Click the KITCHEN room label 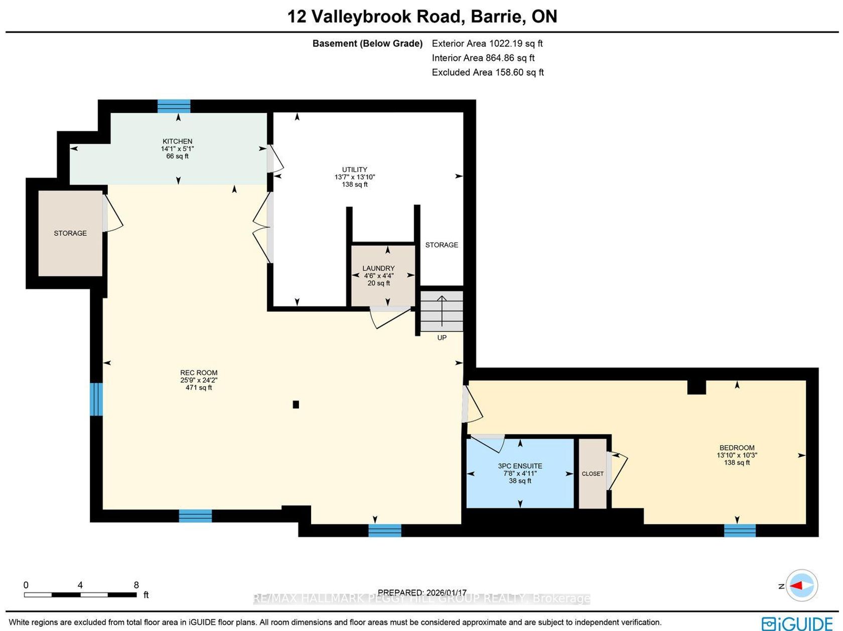pos(178,141)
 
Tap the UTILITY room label pos(354,169)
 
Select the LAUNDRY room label pos(378,268)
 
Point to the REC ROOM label pos(199,373)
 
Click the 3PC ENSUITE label pos(520,466)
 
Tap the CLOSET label pos(593,474)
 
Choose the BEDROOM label pos(737,447)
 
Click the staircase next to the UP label pos(442,311)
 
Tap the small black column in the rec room pos(296,404)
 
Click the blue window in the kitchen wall pos(174,106)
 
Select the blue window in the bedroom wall pos(740,531)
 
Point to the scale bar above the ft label pos(80,595)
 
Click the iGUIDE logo pos(797,623)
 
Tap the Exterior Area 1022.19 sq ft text pos(487,43)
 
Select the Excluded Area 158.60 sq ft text pos(488,72)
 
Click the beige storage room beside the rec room pos(70,233)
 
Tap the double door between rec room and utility pos(263,227)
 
